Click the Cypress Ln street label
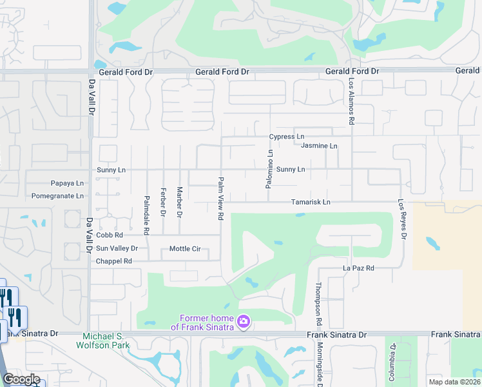[x=287, y=137]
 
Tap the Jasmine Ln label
[x=319, y=146]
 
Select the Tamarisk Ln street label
[x=310, y=202]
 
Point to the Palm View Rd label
[x=220, y=199]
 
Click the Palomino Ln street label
[x=270, y=169]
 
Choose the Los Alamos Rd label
[x=352, y=101]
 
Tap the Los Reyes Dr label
[x=404, y=219]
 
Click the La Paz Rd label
[x=358, y=268]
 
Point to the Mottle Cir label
[x=186, y=248]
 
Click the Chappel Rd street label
[x=113, y=261]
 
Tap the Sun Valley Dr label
[x=117, y=248]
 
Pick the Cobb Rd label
[x=109, y=235]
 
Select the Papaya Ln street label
[x=67, y=183]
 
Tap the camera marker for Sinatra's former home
[x=244, y=321]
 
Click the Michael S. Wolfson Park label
[x=106, y=341]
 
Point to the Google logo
[x=21, y=379]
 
